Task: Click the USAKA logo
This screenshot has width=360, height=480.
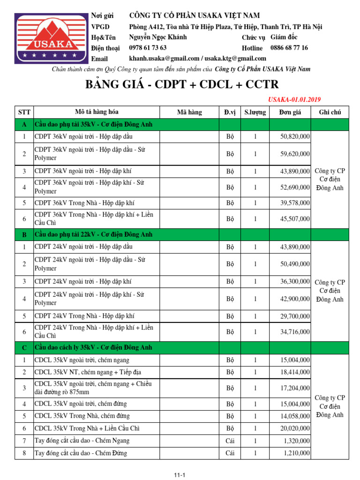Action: pos(51,38)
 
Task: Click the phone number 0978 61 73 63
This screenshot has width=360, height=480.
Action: pos(148,48)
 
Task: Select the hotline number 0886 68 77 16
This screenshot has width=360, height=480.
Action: pos(289,48)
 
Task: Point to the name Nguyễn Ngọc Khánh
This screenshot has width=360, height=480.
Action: pos(158,37)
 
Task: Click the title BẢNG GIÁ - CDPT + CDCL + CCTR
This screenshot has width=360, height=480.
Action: pos(182,84)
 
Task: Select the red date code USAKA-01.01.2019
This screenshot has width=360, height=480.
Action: pos(294,99)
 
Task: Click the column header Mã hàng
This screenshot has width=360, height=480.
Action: pos(189,112)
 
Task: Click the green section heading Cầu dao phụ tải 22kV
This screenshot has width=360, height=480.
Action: pos(93,234)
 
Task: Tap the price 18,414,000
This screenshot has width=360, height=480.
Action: pos(295,372)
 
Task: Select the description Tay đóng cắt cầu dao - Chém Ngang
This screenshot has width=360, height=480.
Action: pos(82,441)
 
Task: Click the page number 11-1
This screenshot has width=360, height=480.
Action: pos(180,475)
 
